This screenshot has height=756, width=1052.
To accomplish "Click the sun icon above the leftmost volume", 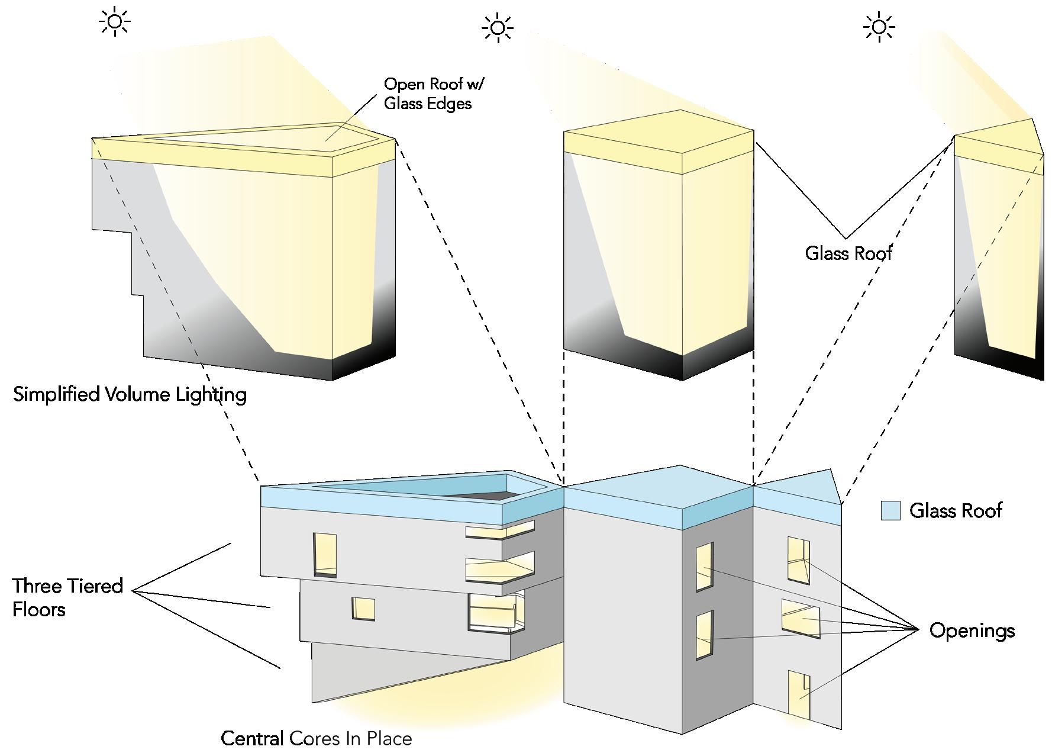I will tap(114, 22).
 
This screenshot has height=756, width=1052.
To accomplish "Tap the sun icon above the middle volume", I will tap(497, 28).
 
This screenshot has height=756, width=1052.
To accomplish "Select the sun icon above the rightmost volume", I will tap(879, 27).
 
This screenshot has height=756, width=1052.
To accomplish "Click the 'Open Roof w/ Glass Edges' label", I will tap(434, 94).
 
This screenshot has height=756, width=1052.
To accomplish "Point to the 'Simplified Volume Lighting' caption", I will tap(130, 394).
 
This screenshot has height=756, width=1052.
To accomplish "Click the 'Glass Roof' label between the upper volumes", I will tap(848, 253).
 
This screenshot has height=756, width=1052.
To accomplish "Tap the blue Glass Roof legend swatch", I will tap(890, 510).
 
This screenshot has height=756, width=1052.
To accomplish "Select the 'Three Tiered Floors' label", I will tap(67, 597).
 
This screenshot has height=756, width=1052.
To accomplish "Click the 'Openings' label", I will tap(972, 630).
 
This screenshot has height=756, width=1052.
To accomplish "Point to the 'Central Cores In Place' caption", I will tap(316, 739).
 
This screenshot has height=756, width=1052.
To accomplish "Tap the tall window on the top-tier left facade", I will tap(325, 554).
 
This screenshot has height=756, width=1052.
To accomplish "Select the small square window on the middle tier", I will tap(363, 609).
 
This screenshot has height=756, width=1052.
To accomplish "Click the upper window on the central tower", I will tap(704, 567).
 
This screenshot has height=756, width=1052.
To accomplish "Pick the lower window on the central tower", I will tap(704, 635).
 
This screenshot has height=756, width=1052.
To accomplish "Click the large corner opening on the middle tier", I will tap(492, 611).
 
